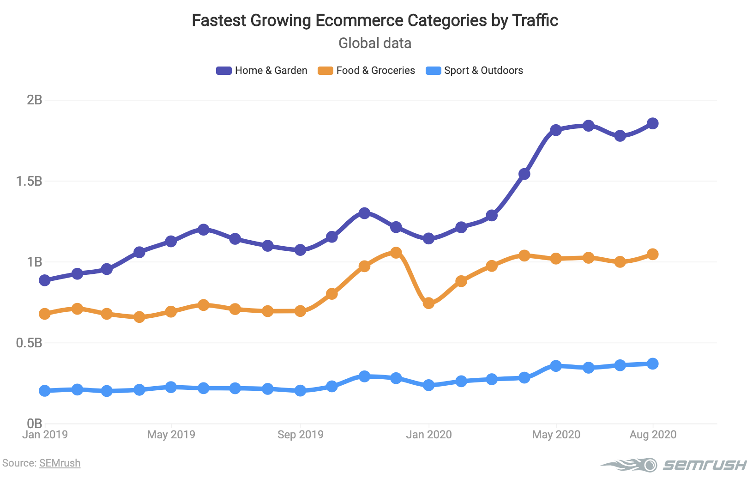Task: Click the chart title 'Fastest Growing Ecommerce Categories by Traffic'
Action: coord(374,20)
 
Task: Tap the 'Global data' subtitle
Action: coord(374,43)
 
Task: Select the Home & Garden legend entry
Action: coord(262,70)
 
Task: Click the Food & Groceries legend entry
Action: coord(367,70)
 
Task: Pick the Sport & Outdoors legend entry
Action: coord(475,70)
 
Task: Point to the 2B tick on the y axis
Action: coord(35,100)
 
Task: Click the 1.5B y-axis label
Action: coord(29,181)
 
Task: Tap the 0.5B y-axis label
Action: coord(29,343)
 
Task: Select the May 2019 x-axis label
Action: coord(171,435)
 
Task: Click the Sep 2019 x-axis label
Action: coord(300,435)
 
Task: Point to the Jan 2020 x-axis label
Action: coord(428,435)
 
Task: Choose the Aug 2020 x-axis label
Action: coord(652,435)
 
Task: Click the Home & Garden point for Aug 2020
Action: coord(652,123)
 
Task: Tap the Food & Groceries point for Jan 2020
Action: coord(428,303)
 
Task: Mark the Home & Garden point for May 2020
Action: coord(556,130)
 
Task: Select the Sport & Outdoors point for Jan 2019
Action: coord(45,391)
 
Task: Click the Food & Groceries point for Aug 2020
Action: coord(652,254)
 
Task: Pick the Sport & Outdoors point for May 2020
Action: coord(556,366)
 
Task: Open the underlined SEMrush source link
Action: coord(60,463)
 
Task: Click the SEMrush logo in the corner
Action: coord(674,465)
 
